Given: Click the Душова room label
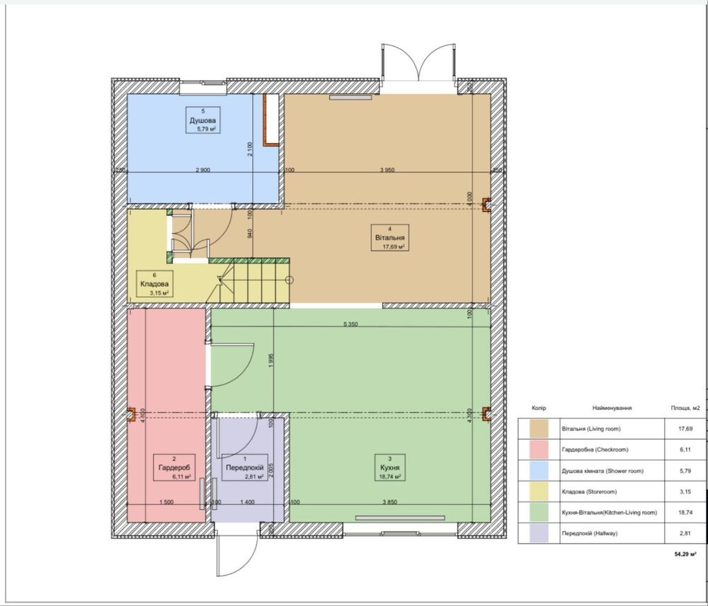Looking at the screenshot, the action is point(202,120).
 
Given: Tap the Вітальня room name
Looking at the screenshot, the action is point(389,238).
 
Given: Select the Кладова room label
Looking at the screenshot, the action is point(154,284).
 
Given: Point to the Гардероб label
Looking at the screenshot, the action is point(174,468).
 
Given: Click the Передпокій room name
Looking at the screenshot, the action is point(245,468).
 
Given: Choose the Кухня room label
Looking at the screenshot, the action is point(389,468).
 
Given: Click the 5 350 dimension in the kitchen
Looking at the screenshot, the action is point(350,324).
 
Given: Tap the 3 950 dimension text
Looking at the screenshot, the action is point(387,170).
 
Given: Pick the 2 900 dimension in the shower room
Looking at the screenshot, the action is point(202,170).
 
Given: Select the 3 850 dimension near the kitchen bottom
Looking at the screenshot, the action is point(389,502).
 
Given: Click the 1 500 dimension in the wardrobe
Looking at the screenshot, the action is point(166,502).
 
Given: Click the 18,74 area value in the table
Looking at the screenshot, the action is point(685,513).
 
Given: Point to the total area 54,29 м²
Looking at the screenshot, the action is point(685,554).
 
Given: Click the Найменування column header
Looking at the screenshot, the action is point(612,408).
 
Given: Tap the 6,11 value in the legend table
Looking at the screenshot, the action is point(685,450).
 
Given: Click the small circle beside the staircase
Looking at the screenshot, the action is point(290,280).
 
